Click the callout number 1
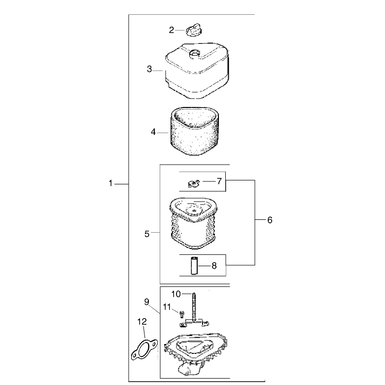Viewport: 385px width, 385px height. [110, 183]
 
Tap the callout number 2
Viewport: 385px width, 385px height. [172, 30]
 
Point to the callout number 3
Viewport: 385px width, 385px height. [149, 69]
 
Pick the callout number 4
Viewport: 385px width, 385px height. [153, 132]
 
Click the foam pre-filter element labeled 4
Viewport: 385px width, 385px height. [194, 131]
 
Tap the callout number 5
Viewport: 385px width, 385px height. [147, 234]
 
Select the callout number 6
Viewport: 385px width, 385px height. [270, 220]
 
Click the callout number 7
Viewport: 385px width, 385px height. [219, 181]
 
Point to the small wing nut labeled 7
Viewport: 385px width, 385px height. [194, 183]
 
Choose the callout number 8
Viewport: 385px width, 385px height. [214, 266]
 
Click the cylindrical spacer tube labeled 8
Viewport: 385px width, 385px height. [194, 265]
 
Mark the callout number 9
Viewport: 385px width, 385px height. [146, 302]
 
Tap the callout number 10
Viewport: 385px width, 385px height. [176, 294]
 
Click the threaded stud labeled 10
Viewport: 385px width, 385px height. [194, 307]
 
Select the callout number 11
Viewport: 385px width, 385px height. [167, 307]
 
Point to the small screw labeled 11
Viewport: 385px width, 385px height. [182, 314]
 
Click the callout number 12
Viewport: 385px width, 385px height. [142, 321]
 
